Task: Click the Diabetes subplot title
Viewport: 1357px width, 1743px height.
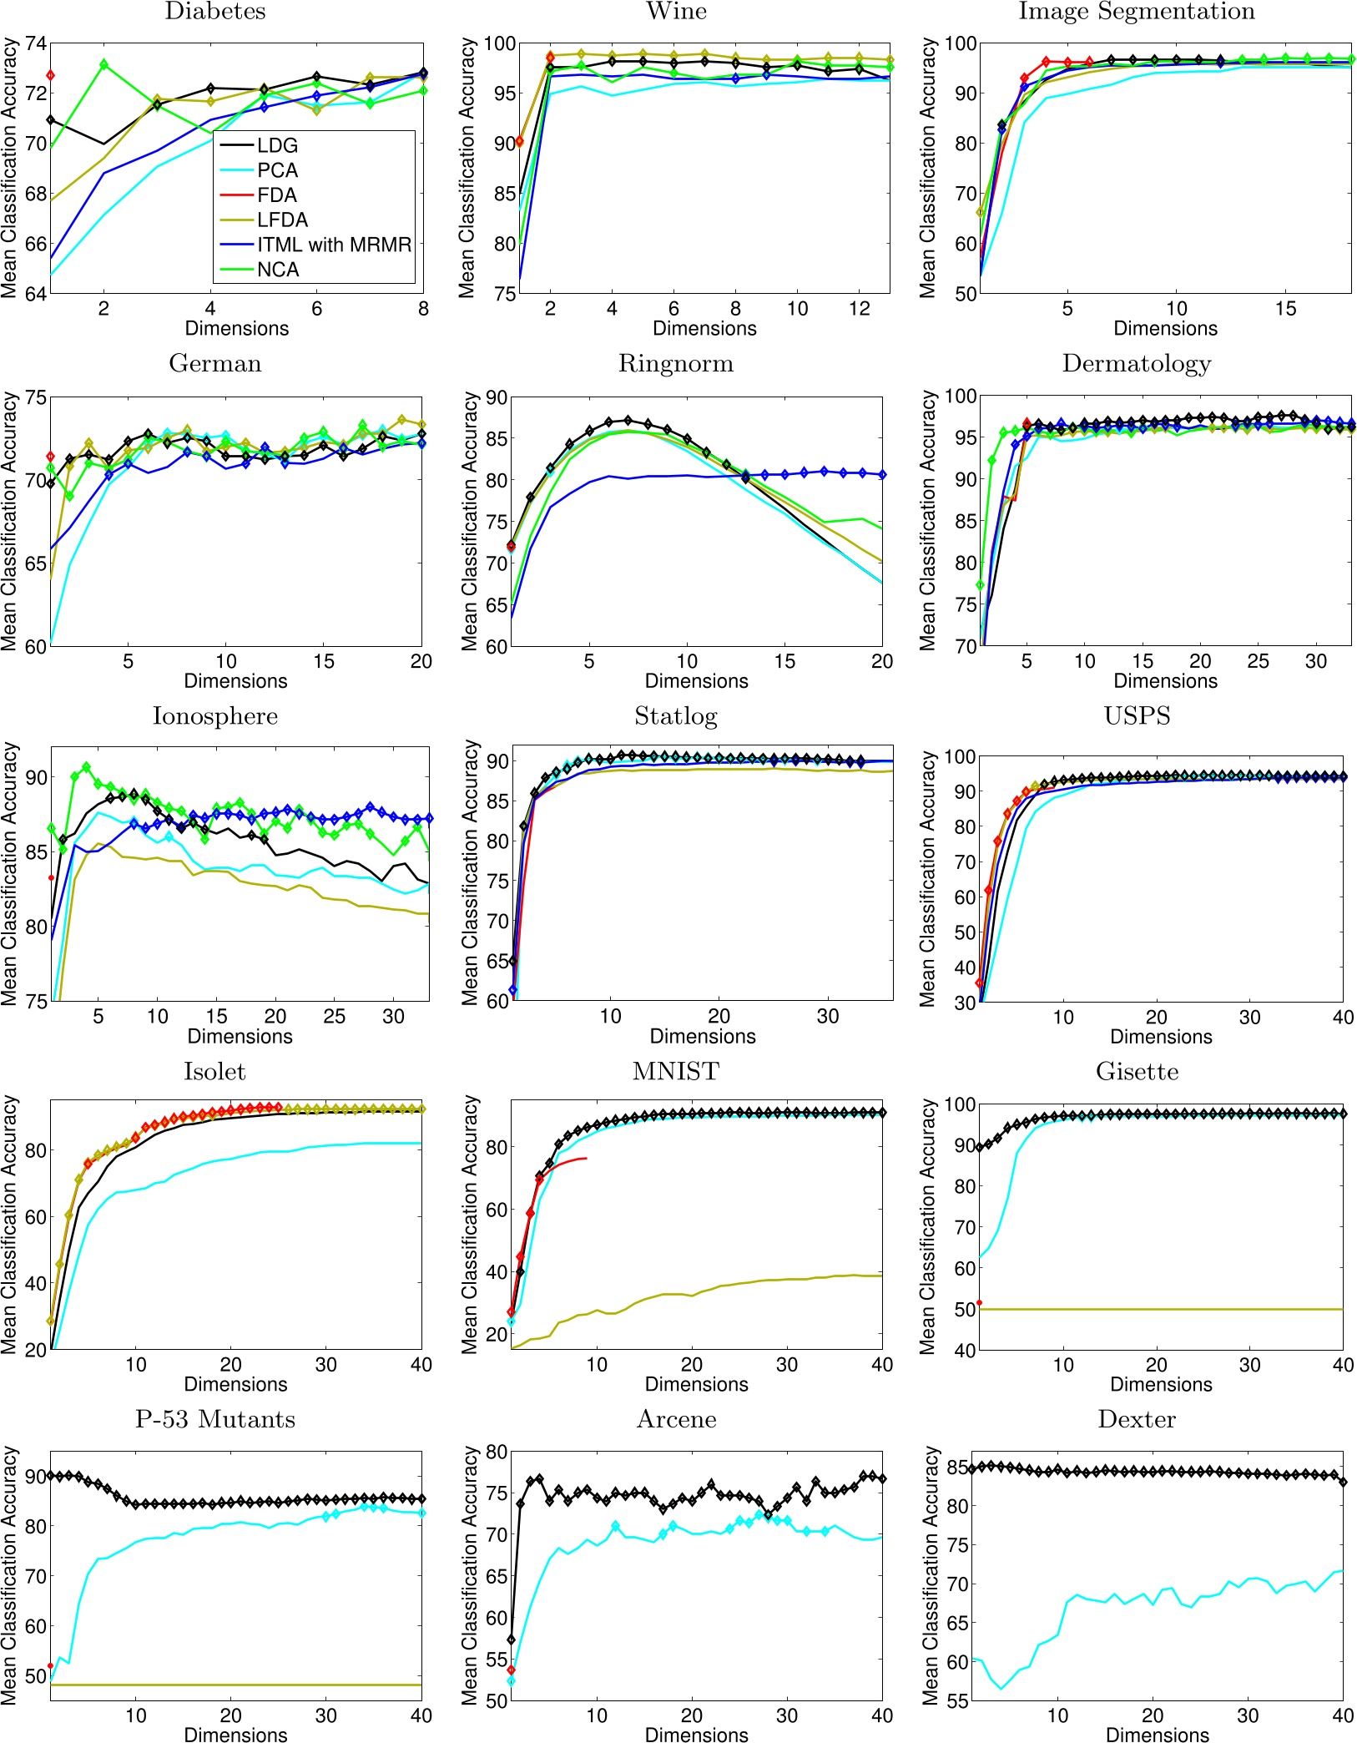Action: (x=215, y=12)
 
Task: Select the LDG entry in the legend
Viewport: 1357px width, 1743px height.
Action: (x=276, y=145)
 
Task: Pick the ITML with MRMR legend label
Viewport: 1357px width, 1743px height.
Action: (x=334, y=245)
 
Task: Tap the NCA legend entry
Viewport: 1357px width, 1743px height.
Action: (x=277, y=270)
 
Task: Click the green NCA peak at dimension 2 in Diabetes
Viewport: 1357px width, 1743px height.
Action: (x=103, y=64)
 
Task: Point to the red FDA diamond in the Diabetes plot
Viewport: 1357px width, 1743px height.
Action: (x=51, y=75)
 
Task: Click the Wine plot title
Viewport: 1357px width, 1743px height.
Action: (x=676, y=12)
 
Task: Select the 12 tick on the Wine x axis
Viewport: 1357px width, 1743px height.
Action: (x=860, y=309)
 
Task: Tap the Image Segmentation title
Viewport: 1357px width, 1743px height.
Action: (x=1137, y=12)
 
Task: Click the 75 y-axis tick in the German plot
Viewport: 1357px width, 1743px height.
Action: (x=36, y=397)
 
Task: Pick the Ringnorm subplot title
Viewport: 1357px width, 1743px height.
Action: (x=676, y=364)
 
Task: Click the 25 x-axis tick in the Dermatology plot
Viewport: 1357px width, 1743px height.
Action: (x=1258, y=662)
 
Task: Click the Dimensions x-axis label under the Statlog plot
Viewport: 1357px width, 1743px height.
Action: (x=703, y=1036)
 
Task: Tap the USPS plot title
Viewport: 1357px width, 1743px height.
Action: (x=1137, y=716)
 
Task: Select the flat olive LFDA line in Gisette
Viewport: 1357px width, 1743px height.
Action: (x=1168, y=1309)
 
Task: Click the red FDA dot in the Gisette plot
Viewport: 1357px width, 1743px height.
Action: (x=980, y=1302)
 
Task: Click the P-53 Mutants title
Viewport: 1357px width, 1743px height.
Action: (x=215, y=1419)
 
